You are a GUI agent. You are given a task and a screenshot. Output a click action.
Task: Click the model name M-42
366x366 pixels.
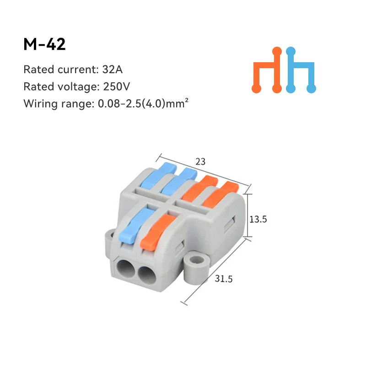(x=44, y=45)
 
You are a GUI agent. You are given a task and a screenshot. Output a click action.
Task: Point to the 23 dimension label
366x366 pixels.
(x=200, y=161)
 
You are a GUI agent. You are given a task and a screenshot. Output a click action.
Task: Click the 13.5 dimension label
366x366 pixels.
(x=258, y=219)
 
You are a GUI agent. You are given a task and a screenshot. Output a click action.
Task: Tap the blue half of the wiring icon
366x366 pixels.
(x=301, y=71)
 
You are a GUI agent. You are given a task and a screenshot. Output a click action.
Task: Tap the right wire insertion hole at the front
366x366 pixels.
(x=147, y=274)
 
